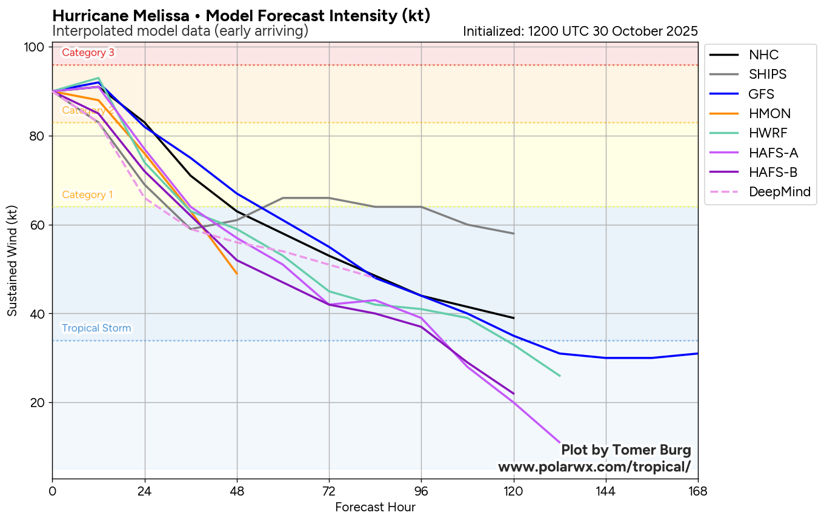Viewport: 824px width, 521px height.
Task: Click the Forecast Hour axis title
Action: click(x=375, y=507)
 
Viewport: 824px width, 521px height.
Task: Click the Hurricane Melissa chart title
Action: click(x=241, y=16)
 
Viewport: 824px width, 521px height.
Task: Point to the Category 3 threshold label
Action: click(x=88, y=53)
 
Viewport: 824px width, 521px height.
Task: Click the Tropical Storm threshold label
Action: click(x=96, y=328)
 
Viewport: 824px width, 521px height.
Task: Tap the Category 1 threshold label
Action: click(x=87, y=195)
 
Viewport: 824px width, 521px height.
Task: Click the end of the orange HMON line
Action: click(x=237, y=274)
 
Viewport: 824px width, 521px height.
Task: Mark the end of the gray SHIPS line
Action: click(x=514, y=233)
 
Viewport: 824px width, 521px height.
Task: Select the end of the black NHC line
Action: click(x=514, y=318)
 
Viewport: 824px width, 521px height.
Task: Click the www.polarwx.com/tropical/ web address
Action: click(x=594, y=467)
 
